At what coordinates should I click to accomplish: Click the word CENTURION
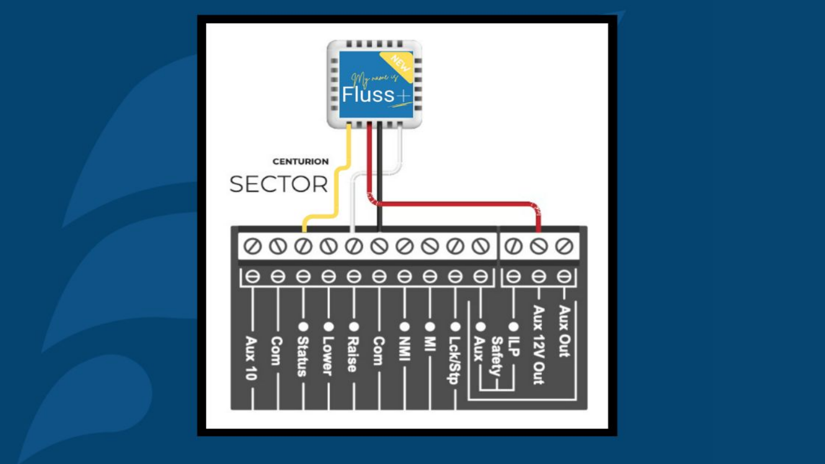[x=300, y=162]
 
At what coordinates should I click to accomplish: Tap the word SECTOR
[x=278, y=184]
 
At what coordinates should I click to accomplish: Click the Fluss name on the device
[x=368, y=95]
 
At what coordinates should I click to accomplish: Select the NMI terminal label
[x=404, y=350]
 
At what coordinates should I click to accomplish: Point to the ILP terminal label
[x=514, y=345]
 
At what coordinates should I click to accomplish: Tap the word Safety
[x=497, y=356]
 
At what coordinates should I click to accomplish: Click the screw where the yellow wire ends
[x=302, y=246]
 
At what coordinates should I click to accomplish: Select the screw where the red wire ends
[x=538, y=246]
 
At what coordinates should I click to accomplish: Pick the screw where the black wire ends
[x=378, y=246]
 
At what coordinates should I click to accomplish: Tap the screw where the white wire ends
[x=353, y=246]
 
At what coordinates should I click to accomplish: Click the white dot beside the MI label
[x=430, y=326]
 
